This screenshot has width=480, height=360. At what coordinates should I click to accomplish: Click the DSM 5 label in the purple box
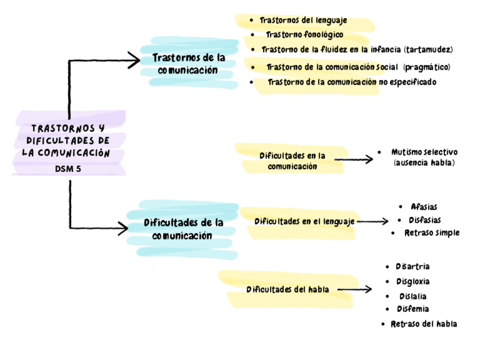pyautogui.click(x=68, y=168)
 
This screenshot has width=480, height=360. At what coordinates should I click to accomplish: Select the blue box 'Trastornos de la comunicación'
pyautogui.click(x=188, y=64)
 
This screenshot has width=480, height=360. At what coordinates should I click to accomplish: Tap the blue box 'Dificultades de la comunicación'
pyautogui.click(x=183, y=229)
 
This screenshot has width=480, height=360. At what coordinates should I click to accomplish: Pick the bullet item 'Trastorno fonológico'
pyautogui.click(x=304, y=35)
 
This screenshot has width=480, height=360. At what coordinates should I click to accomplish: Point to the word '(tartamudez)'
pyautogui.click(x=429, y=49)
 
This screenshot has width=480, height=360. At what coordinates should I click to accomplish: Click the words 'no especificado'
pyautogui.click(x=407, y=82)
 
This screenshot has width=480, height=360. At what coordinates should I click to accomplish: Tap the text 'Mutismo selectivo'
pyautogui.click(x=424, y=152)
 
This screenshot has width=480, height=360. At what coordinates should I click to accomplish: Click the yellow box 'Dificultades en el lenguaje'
pyautogui.click(x=305, y=221)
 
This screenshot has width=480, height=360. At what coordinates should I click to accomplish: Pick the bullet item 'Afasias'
pyautogui.click(x=424, y=207)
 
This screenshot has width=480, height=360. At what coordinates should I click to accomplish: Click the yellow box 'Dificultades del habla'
pyautogui.click(x=288, y=290)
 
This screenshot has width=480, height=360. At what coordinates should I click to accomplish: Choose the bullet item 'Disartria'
pyautogui.click(x=413, y=266)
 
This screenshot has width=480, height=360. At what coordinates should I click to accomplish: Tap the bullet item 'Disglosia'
pyautogui.click(x=413, y=281)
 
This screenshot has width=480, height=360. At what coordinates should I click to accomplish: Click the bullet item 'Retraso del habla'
pyautogui.click(x=423, y=324)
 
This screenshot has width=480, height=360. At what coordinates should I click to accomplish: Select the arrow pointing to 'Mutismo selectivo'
pyautogui.click(x=353, y=159)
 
